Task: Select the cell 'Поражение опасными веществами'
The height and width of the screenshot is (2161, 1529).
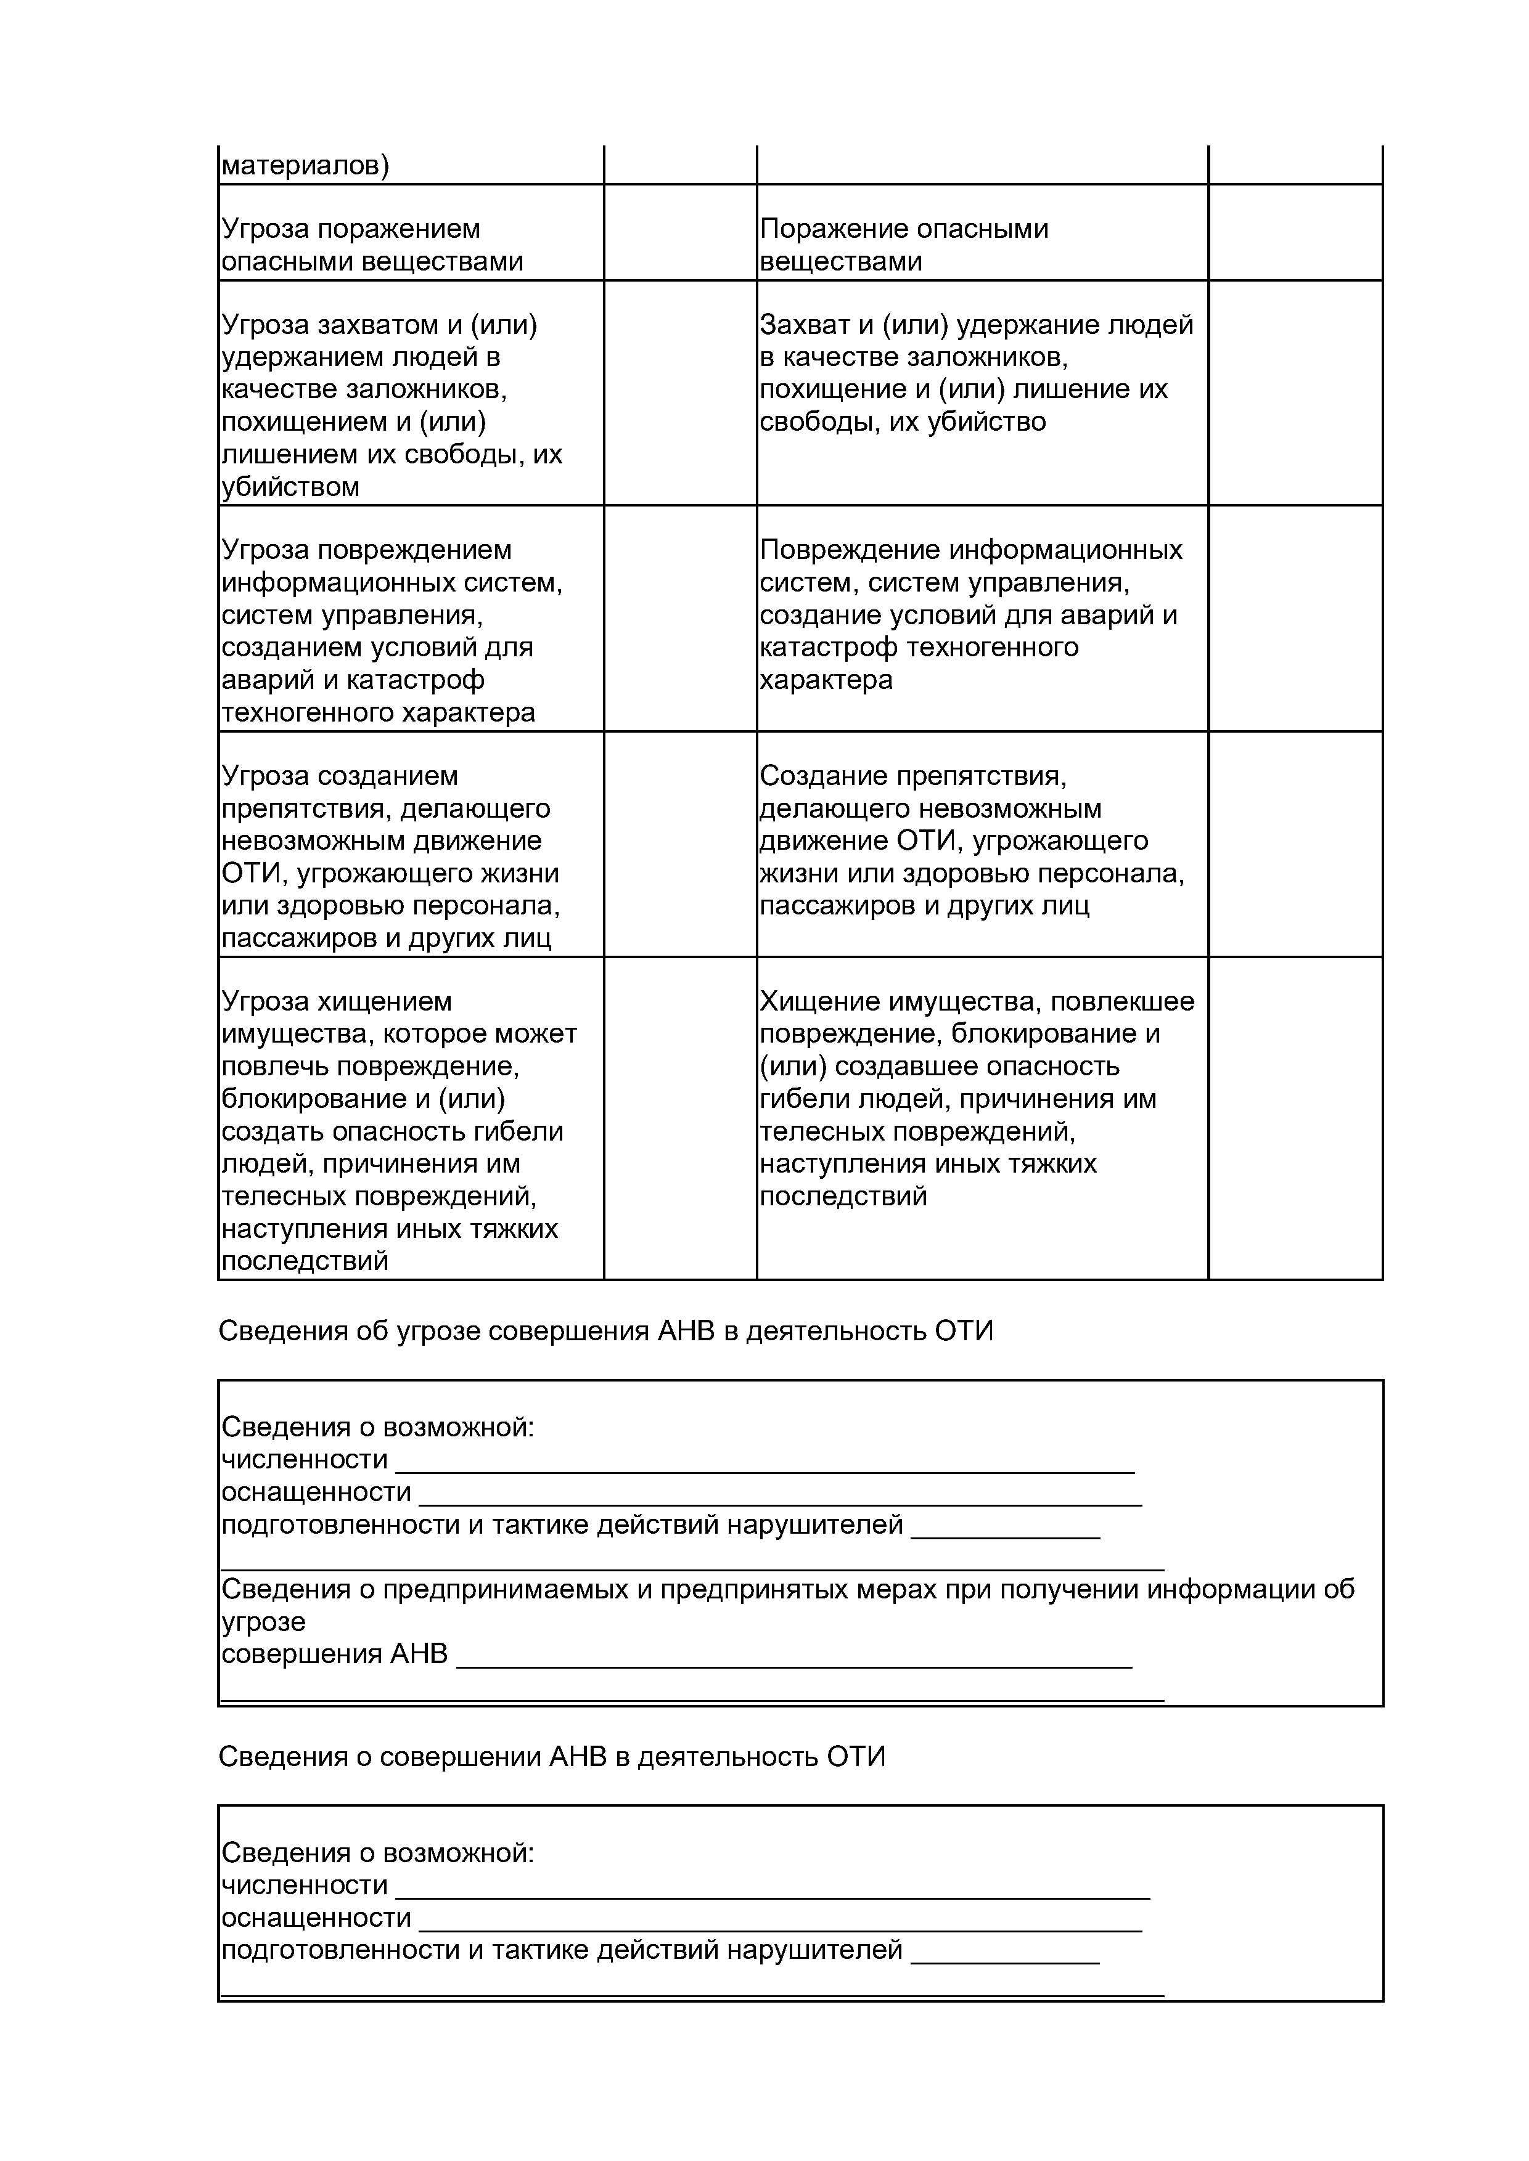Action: point(904,245)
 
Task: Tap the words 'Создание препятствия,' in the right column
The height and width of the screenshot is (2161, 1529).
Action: point(912,776)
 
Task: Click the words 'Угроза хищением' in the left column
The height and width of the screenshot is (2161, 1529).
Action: point(336,1001)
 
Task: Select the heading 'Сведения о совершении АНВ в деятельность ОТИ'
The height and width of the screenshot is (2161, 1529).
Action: point(552,1756)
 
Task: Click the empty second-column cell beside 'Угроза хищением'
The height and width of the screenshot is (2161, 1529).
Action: point(680,1118)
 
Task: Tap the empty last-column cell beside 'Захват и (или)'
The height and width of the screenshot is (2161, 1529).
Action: point(1295,393)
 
